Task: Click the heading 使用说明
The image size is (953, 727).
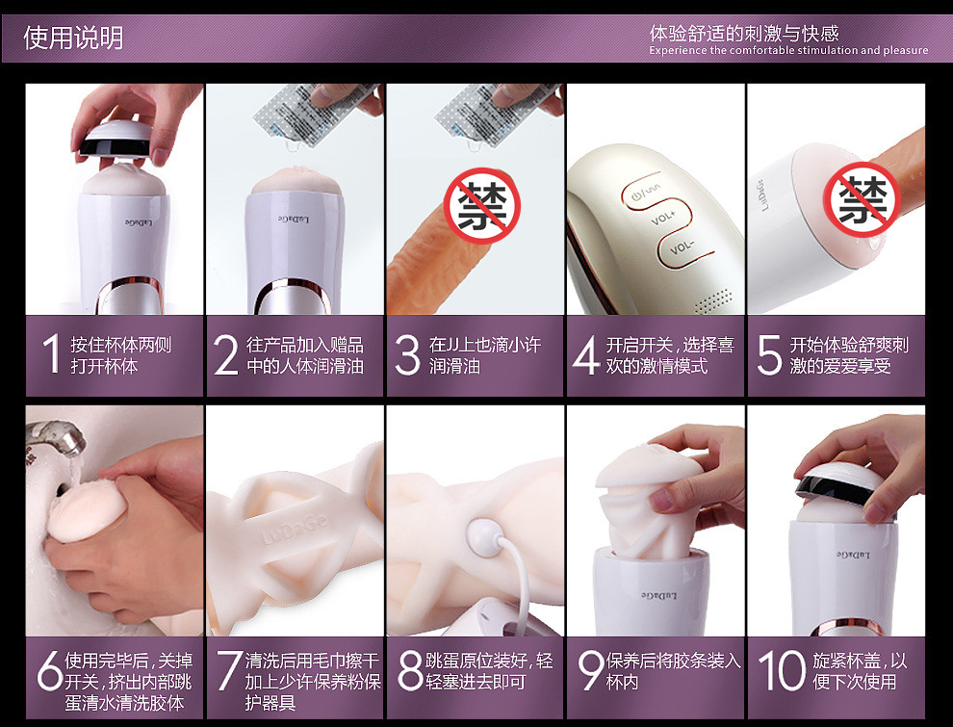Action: coord(73,38)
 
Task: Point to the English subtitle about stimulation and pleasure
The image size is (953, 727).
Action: coord(788,50)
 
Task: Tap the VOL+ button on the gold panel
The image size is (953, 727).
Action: coord(663,217)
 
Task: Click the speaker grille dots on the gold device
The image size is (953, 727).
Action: coord(714,299)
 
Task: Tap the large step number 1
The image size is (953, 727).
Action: coord(52,353)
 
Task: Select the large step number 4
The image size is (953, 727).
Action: coord(586,355)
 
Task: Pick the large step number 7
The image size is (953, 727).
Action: coord(229,670)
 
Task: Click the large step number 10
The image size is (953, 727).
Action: coord(783,670)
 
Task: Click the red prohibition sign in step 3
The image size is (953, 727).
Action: coord(482,206)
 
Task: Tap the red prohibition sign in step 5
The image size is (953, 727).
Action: coord(862,199)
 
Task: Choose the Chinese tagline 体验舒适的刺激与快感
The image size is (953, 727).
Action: coord(744,33)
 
